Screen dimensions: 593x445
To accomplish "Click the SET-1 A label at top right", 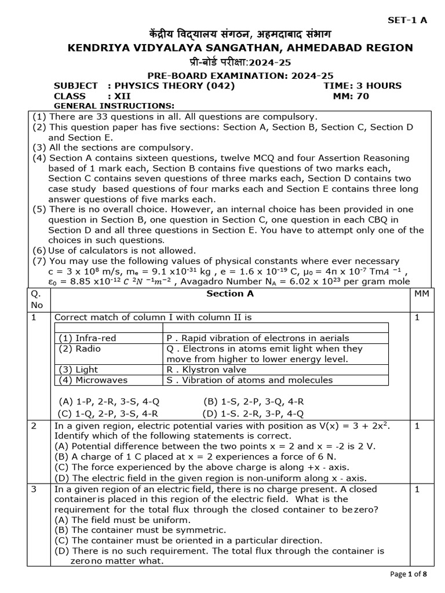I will [407, 20].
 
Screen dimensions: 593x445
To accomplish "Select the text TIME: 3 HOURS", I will [362, 86].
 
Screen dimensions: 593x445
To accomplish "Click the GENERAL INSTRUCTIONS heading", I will [114, 106].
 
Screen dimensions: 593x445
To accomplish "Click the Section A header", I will [230, 294].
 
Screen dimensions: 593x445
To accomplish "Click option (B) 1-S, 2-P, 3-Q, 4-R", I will [253, 401].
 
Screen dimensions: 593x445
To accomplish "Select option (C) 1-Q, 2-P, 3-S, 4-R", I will [108, 413].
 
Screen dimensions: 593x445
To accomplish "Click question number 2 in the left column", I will [34, 426].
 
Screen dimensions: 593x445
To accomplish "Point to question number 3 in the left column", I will [34, 489].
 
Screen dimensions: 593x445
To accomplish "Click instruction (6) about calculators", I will [115, 250].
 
